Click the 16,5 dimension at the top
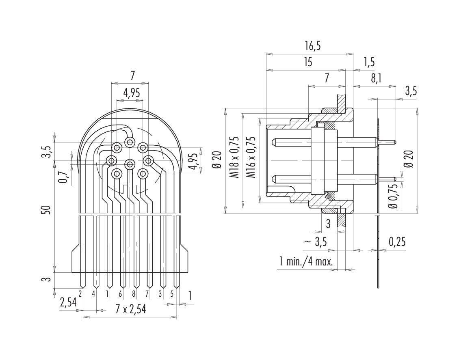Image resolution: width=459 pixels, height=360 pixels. (x=313, y=46)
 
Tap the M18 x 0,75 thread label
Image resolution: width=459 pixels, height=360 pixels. (x=234, y=157)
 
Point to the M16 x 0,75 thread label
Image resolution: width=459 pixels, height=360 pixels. (x=251, y=157)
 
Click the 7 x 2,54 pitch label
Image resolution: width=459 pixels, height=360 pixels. (x=130, y=309)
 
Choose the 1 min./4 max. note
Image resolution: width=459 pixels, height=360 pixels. (x=306, y=261)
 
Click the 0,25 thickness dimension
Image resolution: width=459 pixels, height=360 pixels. (x=397, y=242)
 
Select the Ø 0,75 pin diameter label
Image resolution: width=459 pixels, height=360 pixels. (x=394, y=196)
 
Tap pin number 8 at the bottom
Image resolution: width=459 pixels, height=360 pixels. (x=134, y=294)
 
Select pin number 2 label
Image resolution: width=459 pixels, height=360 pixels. (x=80, y=293)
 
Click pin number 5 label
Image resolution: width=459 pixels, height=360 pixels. (x=172, y=294)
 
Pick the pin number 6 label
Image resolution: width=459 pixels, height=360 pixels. (x=120, y=294)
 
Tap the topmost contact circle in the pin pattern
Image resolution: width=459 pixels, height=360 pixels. (x=130, y=142)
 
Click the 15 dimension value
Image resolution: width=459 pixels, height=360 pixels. (x=308, y=62)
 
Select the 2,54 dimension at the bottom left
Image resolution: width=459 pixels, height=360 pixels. (x=68, y=302)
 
